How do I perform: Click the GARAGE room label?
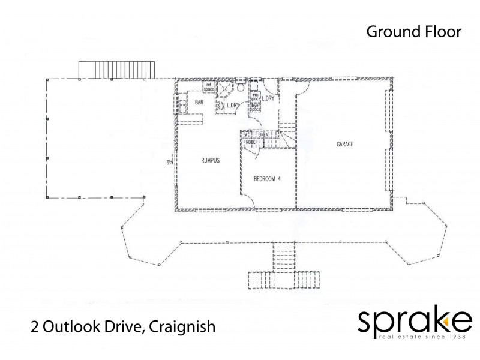(344, 145)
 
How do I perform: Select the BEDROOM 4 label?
(268, 178)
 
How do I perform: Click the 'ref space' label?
(209, 88)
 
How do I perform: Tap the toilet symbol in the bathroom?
(239, 88)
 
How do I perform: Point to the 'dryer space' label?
(255, 107)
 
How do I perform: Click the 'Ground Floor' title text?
(413, 32)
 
